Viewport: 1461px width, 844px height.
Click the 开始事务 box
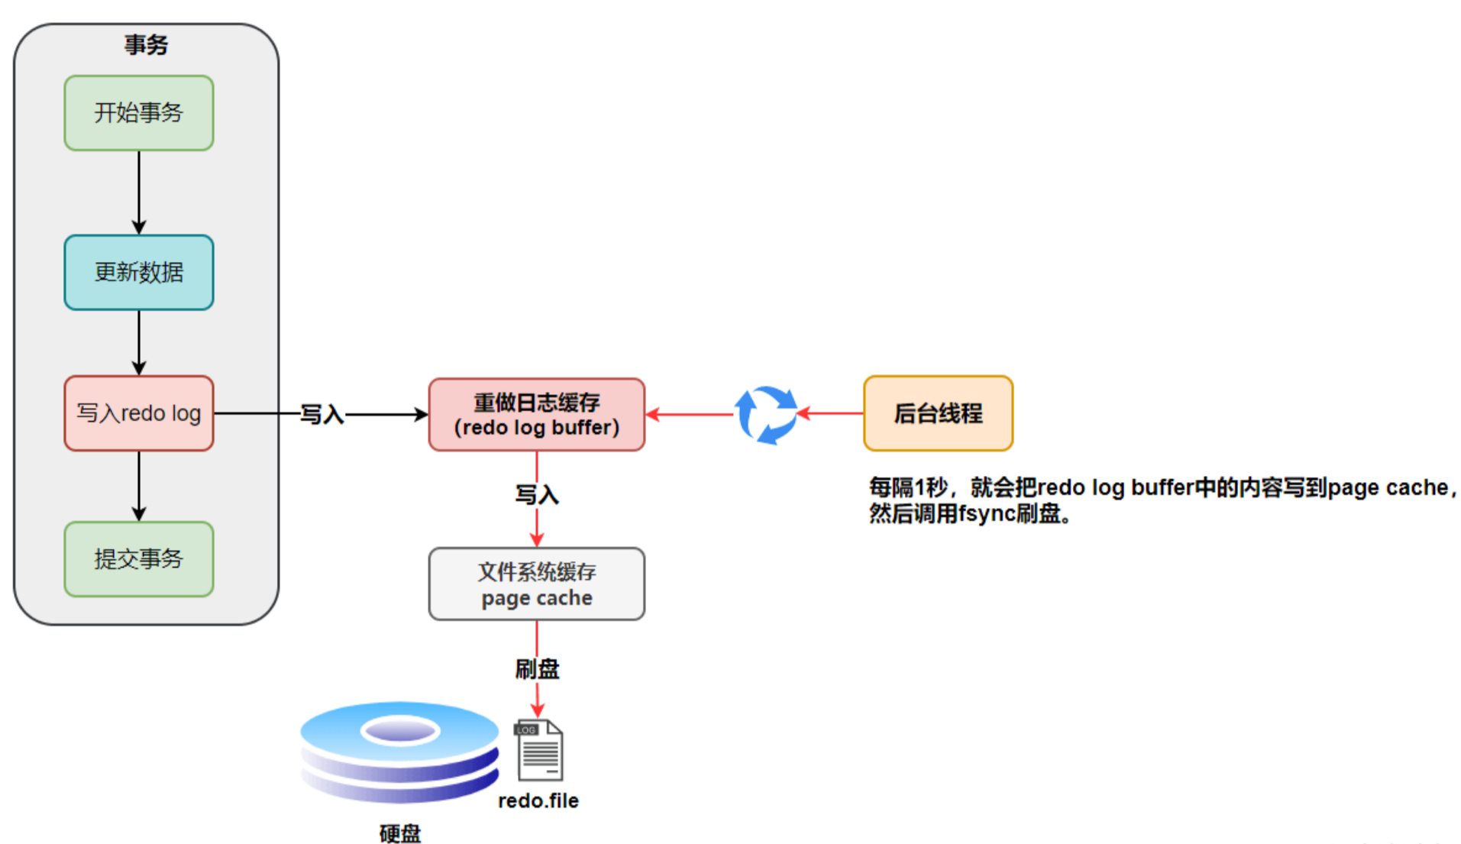pyautogui.click(x=139, y=113)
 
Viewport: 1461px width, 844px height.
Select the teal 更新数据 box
pyautogui.click(x=139, y=272)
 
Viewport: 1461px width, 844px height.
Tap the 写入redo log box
pyautogui.click(x=139, y=413)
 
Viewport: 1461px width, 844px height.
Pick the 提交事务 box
pyautogui.click(x=139, y=559)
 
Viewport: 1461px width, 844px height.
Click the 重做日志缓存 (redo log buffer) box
pyautogui.click(x=537, y=414)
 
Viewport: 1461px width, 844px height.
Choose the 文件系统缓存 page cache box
pyautogui.click(x=537, y=584)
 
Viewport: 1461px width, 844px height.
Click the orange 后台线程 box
pyautogui.click(x=939, y=413)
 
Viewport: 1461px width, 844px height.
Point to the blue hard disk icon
pyautogui.click(x=399, y=752)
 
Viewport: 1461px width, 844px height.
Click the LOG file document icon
pyautogui.click(x=540, y=750)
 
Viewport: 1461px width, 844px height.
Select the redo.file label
pyautogui.click(x=538, y=800)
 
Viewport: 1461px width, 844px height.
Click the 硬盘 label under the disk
pyautogui.click(x=400, y=833)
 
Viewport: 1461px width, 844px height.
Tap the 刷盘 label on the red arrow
pyautogui.click(x=537, y=669)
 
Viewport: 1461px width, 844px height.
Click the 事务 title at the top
pyautogui.click(x=146, y=44)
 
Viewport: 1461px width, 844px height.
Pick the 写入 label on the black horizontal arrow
pyautogui.click(x=322, y=414)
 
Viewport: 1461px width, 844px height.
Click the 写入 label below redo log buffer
pyautogui.click(x=537, y=495)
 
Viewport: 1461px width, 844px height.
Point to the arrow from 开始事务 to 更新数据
pyautogui.click(x=139, y=192)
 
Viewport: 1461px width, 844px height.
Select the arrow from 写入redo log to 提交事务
pyautogui.click(x=139, y=487)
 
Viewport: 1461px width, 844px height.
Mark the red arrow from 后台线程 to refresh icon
pyautogui.click(x=830, y=413)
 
